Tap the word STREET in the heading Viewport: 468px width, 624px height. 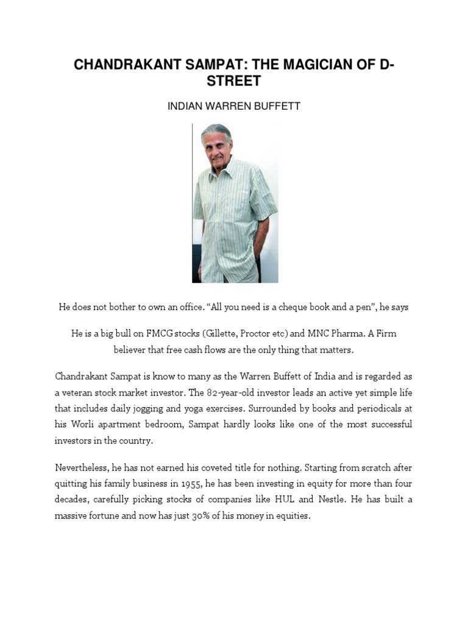click(234, 81)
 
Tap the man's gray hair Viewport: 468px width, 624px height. click(217, 130)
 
